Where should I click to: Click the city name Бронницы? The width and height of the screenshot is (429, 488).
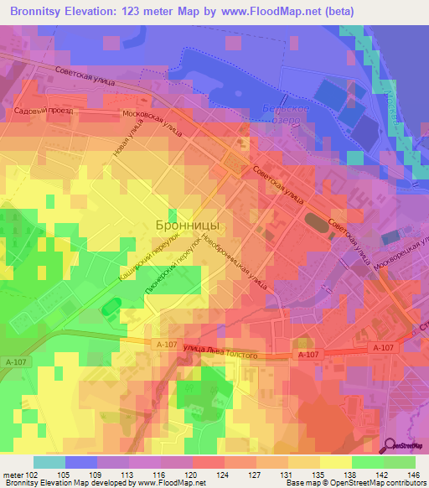tap(188, 225)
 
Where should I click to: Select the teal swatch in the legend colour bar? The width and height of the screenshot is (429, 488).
tap(49, 461)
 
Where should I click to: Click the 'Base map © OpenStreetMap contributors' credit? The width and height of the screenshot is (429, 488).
tap(355, 483)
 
